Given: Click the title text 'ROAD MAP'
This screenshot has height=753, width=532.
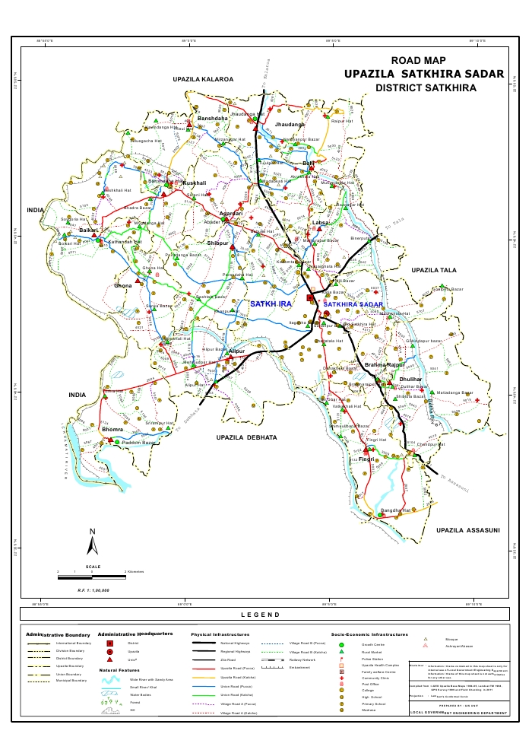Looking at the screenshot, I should pyautogui.click(x=418, y=61).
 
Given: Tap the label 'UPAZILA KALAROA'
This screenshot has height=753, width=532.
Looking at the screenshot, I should pyautogui.click(x=203, y=79).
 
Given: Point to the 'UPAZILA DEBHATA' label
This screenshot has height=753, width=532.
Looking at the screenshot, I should pyautogui.click(x=246, y=438).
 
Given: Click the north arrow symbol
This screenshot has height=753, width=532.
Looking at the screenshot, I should pyautogui.click(x=92, y=542).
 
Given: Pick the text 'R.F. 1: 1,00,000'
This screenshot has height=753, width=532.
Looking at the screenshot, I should pyautogui.click(x=93, y=590).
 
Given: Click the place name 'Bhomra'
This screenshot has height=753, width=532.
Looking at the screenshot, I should pyautogui.click(x=112, y=430).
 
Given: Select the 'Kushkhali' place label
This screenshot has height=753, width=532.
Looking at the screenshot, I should pyautogui.click(x=194, y=183).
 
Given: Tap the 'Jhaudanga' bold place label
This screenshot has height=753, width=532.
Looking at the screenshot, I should pyautogui.click(x=290, y=123).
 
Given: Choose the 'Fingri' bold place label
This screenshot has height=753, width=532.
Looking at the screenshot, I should pyautogui.click(x=366, y=459).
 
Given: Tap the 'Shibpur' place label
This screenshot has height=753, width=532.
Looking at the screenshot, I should pyautogui.click(x=218, y=243).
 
